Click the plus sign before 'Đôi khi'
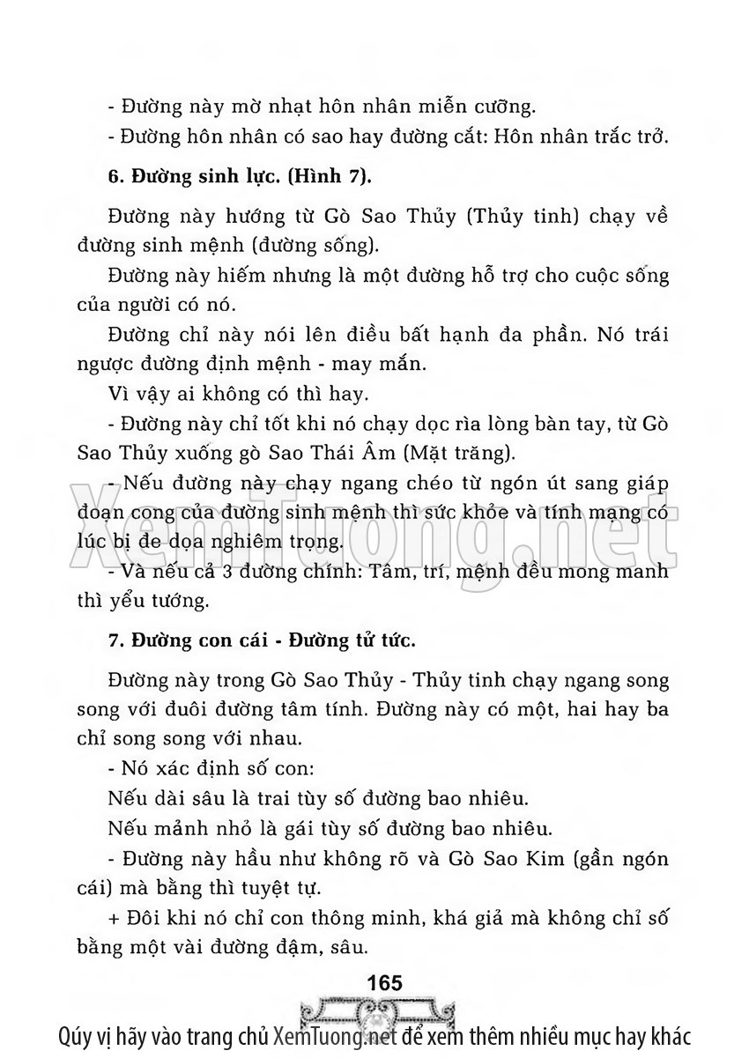(113, 919)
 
